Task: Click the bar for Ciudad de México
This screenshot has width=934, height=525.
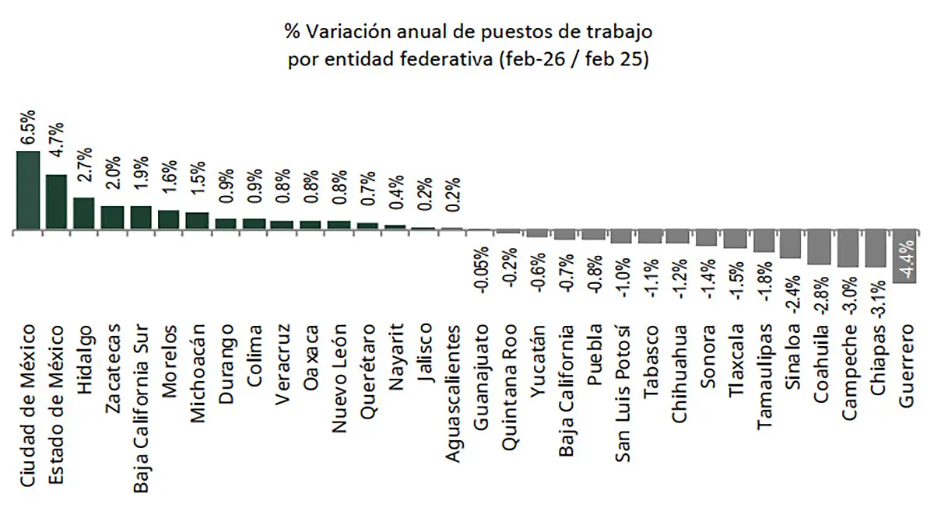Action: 28,191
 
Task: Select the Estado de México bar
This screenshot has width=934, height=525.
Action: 56,203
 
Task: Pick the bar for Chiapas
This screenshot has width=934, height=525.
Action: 875,249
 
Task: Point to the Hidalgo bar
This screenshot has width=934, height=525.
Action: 84,215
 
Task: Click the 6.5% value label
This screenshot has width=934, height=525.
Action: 28,128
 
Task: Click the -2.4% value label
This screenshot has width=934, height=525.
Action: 791,294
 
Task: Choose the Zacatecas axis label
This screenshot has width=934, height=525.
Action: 113,365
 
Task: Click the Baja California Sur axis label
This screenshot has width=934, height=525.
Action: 141,397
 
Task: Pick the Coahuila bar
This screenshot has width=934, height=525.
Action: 819,248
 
